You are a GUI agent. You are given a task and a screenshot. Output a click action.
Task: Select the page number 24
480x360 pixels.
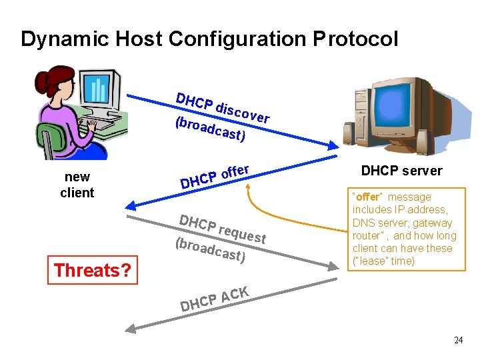coord(458,340)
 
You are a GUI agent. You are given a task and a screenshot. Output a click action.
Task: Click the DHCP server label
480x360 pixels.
coord(401,171)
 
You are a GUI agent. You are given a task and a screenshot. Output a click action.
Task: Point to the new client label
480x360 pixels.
coord(77,185)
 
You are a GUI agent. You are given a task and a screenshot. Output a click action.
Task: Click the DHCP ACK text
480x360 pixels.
coord(215,299)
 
